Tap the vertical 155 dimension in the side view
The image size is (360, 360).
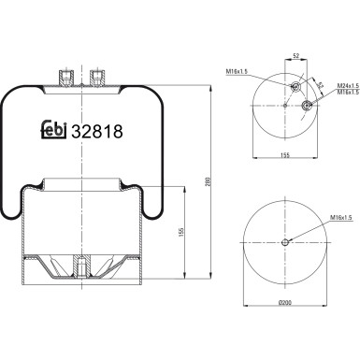click(181, 230)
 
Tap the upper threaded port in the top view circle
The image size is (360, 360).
click(295, 88)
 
